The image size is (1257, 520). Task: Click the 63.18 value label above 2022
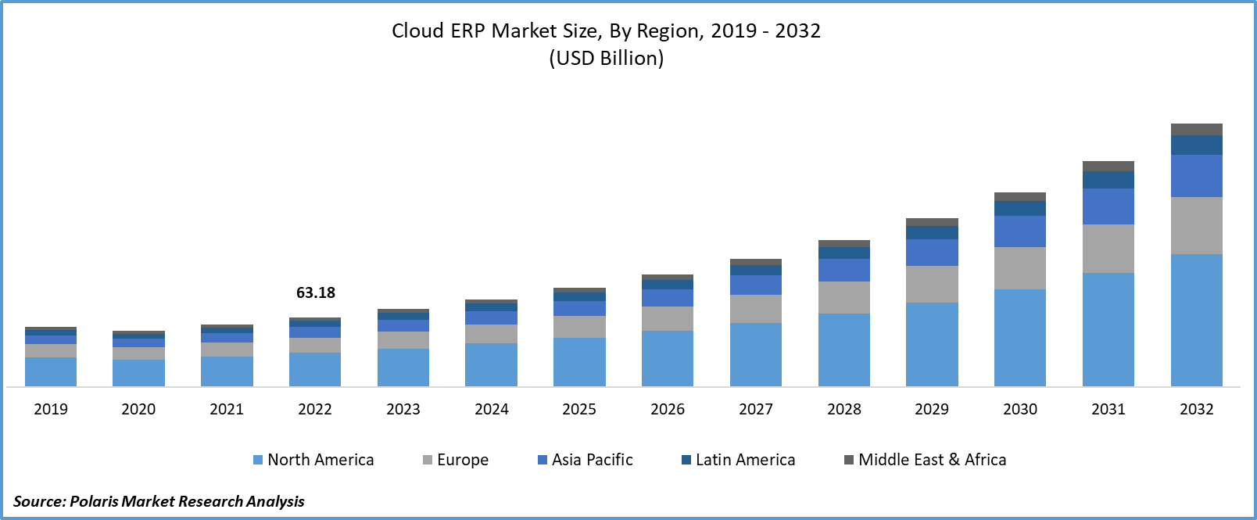click(x=315, y=293)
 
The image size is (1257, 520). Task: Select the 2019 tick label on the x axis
click(x=51, y=409)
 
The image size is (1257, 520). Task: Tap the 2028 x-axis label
click(x=844, y=409)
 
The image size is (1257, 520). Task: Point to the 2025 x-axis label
click(x=579, y=409)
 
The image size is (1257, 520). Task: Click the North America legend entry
click(x=313, y=460)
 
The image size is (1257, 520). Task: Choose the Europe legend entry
click(x=456, y=460)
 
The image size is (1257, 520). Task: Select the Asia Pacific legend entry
click(x=586, y=460)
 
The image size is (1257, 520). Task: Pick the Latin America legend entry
click(x=739, y=460)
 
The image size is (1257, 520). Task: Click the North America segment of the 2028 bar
click(x=844, y=350)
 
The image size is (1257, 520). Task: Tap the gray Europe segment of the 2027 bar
click(x=756, y=309)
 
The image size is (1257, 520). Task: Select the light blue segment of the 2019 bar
click(x=51, y=371)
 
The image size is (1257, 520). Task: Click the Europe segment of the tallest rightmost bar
click(x=1196, y=225)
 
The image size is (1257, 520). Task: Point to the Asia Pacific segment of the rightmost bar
click(x=1196, y=176)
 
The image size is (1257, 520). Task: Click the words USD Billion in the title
click(x=607, y=59)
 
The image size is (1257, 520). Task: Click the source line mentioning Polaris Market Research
click(x=159, y=501)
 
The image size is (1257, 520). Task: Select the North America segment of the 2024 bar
click(x=491, y=364)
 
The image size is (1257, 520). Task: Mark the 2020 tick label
click(x=138, y=409)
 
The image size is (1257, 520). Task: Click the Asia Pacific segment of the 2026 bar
click(x=668, y=298)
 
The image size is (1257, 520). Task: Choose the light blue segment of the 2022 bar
click(x=315, y=369)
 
